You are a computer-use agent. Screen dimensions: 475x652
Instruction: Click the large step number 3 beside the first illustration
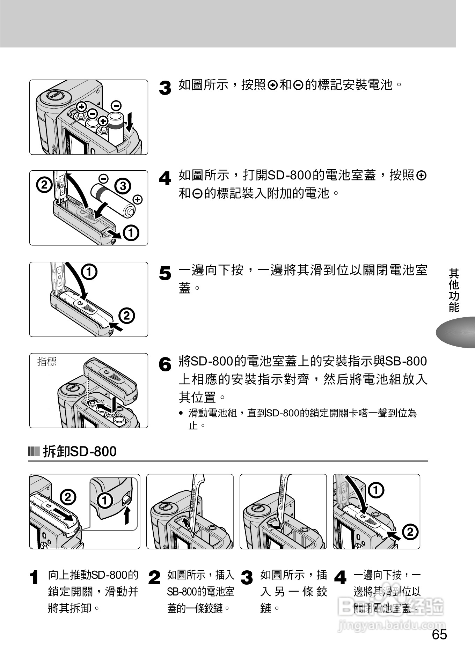tap(165, 88)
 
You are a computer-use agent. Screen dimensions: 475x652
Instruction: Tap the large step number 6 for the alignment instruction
tap(165, 365)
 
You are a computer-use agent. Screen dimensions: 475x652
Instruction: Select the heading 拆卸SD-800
tap(80, 451)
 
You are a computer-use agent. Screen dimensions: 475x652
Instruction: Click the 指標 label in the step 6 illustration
tap(47, 362)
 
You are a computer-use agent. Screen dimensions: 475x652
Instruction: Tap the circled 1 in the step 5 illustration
tap(89, 272)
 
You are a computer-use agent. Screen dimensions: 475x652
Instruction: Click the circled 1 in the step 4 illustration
tap(131, 233)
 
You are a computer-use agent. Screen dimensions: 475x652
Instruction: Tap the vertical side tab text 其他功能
tap(454, 290)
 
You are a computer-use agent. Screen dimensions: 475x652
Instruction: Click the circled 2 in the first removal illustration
tap(68, 497)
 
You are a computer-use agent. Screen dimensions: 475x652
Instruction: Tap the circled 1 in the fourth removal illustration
tap(376, 490)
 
